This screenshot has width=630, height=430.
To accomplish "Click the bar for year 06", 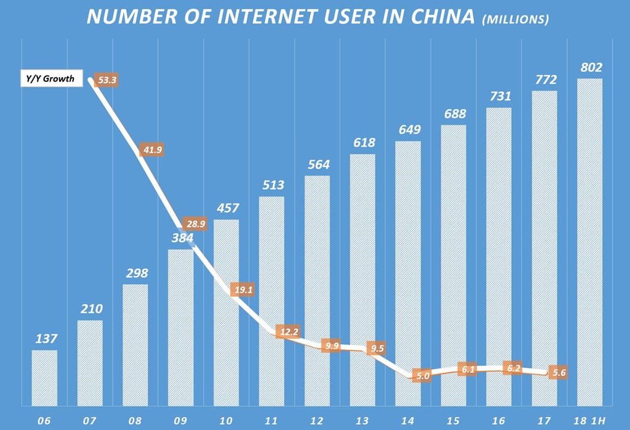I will pos(44,378).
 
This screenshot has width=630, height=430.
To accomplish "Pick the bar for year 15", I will pos(453,266).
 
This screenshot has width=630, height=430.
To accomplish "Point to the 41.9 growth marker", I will pos(153,150).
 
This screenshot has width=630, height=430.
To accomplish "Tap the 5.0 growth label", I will pos(421,375).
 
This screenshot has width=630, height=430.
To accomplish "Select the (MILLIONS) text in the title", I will pos(516,19).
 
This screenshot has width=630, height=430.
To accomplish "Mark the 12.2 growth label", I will pos(288,332).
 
